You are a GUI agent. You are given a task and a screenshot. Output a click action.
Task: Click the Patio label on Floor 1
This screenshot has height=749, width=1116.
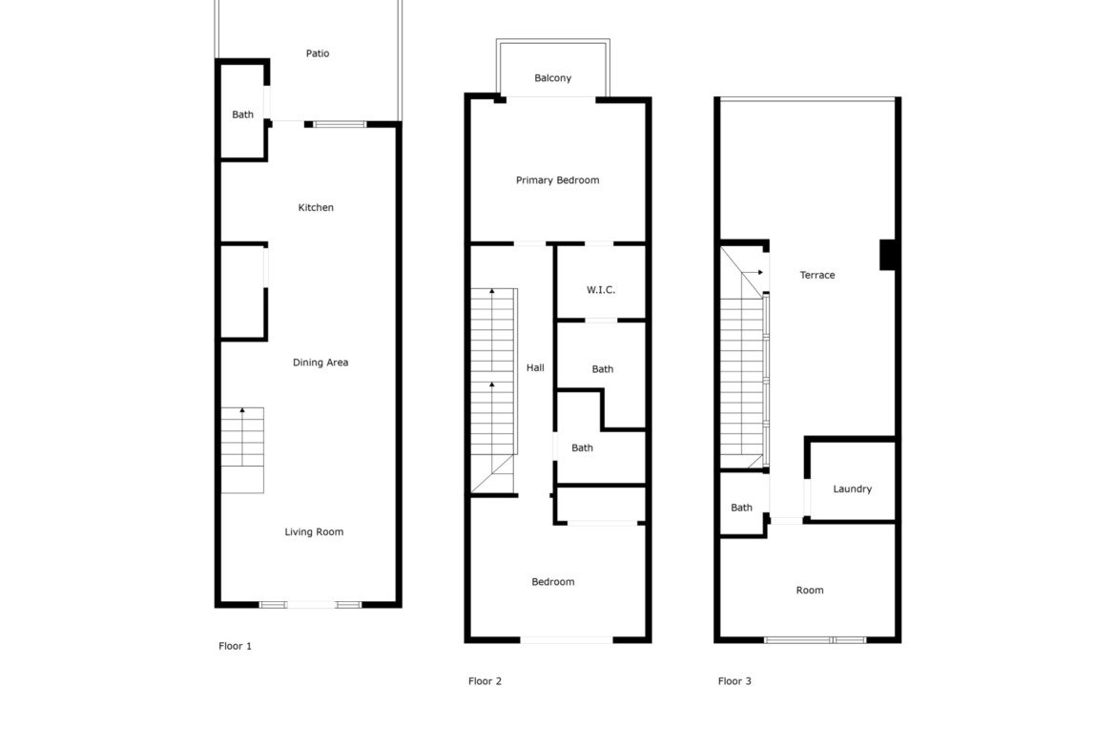[318, 53]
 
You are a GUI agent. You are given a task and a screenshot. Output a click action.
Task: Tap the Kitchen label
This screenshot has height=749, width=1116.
[316, 207]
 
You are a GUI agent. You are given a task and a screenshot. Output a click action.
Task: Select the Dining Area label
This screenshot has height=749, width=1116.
[320, 363]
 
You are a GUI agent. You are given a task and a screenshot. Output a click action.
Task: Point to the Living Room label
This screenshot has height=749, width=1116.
[314, 531]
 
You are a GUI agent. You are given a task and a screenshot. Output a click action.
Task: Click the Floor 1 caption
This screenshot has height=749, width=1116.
[235, 646]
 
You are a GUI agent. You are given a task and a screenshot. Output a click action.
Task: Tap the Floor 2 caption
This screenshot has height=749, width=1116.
[485, 680]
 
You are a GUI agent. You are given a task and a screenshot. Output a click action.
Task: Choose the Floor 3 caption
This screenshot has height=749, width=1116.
[734, 680]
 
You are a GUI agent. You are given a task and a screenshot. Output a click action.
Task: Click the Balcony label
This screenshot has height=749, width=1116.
[553, 78]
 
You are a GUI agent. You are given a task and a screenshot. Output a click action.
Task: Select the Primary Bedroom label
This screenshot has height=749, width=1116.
[557, 180]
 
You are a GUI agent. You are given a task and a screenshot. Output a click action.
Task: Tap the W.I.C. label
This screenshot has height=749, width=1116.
[601, 290]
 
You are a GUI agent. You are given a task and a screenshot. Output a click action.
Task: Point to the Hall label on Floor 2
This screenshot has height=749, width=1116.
[535, 367]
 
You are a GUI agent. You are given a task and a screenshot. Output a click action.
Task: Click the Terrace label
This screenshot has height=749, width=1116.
[817, 275]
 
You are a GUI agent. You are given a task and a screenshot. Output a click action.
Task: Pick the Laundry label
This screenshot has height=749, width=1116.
[852, 489]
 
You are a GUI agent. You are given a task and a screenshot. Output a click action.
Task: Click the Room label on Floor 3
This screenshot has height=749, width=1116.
[810, 591]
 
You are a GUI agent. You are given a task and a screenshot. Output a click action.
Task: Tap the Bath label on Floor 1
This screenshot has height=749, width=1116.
[242, 114]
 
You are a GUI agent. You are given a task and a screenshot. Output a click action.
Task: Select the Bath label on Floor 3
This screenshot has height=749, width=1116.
[742, 508]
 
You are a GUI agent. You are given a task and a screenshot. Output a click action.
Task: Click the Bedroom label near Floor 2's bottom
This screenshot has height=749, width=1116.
[553, 582]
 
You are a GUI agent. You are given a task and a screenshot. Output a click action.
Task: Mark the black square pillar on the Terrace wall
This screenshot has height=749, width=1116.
[887, 255]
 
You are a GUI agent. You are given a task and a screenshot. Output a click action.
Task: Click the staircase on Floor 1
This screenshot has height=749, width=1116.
[242, 450]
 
